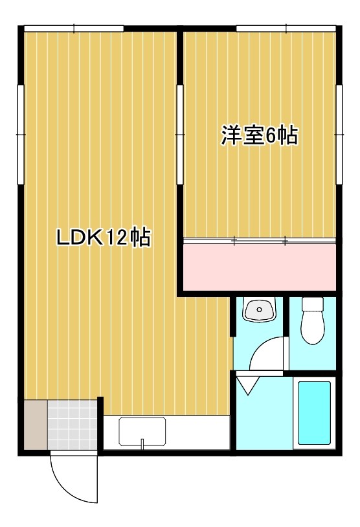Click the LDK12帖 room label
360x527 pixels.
pyautogui.click(x=104, y=238)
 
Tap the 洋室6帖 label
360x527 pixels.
pyautogui.click(x=260, y=135)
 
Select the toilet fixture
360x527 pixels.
pyautogui.click(x=313, y=327)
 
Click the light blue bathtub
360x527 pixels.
pyautogui.click(x=313, y=412)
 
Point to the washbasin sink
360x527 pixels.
pyautogui.click(x=260, y=311)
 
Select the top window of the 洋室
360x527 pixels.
pyautogui.click(x=286, y=28)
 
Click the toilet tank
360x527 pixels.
pyautogui.click(x=313, y=304)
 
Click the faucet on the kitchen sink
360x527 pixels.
pyautogui.click(x=142, y=443)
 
